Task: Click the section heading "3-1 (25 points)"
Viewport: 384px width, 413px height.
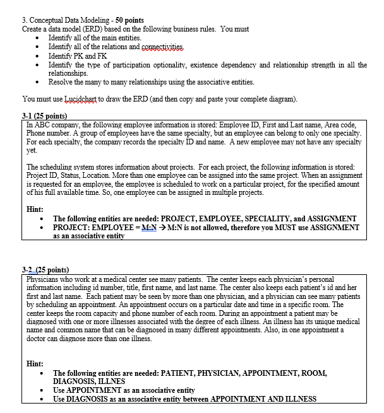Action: coord(45,117)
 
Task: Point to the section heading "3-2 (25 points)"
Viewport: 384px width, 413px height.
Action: coord(45,269)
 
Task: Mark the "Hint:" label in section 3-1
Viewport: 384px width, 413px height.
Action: coord(35,208)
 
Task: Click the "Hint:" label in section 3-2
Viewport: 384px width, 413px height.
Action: coord(35,364)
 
